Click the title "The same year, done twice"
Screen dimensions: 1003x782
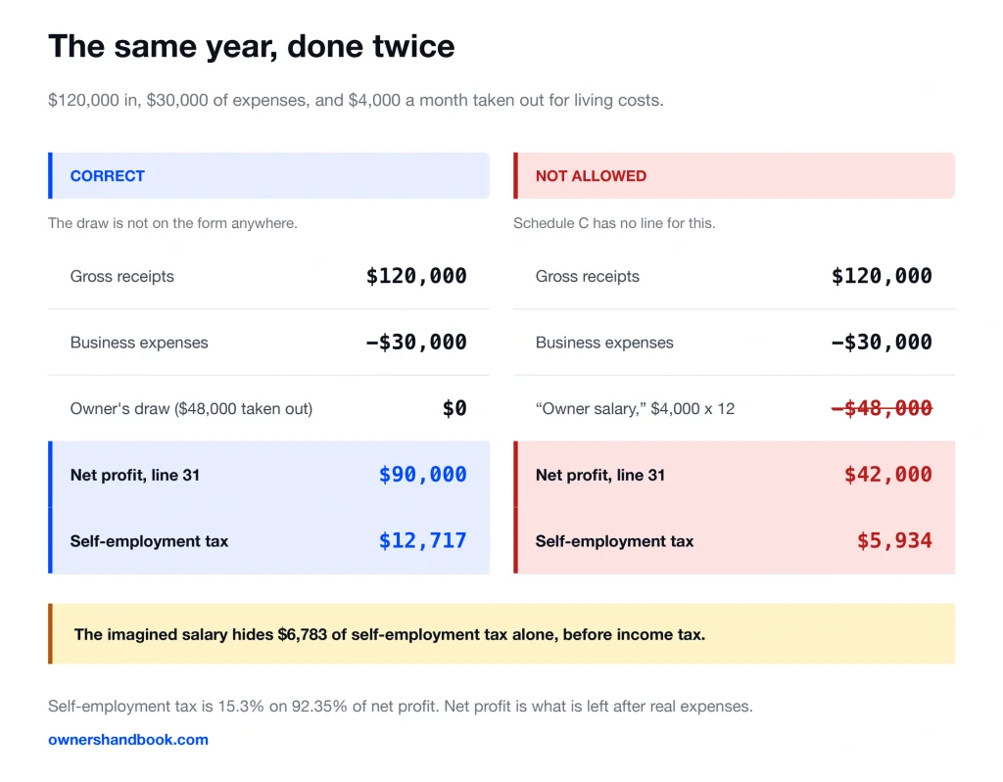(x=252, y=47)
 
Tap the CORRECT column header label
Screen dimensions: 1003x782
(x=108, y=176)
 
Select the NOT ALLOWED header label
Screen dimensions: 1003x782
(x=591, y=176)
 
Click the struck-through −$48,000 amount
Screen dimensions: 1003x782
(x=882, y=408)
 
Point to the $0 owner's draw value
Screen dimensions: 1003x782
(x=454, y=408)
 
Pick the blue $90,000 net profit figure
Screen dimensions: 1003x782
(x=423, y=475)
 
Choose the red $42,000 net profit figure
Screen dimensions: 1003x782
(x=887, y=475)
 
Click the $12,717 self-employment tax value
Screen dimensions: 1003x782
(x=423, y=541)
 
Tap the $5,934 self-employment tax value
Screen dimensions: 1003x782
(x=894, y=541)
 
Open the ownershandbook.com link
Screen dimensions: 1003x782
(x=128, y=740)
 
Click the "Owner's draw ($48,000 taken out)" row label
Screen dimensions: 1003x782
(x=191, y=408)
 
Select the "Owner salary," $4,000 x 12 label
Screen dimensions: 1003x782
(x=635, y=408)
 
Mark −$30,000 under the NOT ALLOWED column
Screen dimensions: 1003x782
(x=882, y=343)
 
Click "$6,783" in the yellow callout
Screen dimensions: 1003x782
(x=302, y=634)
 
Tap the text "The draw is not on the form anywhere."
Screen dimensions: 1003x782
(x=172, y=223)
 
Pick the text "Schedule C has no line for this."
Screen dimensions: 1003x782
(x=614, y=223)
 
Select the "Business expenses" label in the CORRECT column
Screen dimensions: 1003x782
(x=139, y=343)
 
